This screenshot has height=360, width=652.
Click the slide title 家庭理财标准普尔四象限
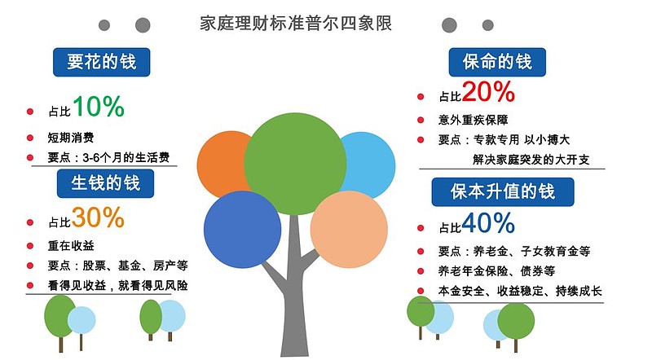pos(296,23)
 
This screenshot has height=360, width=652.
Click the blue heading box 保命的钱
pos(496,62)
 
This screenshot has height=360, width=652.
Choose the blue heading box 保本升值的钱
pos(502,191)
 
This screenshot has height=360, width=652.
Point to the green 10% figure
pos(98,106)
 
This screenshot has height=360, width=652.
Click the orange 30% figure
pos(98,217)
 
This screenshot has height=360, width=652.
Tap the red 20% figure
pos(488,91)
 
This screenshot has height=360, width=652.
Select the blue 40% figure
pos(488,222)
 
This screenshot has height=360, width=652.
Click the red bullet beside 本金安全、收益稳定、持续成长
pos(421,291)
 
